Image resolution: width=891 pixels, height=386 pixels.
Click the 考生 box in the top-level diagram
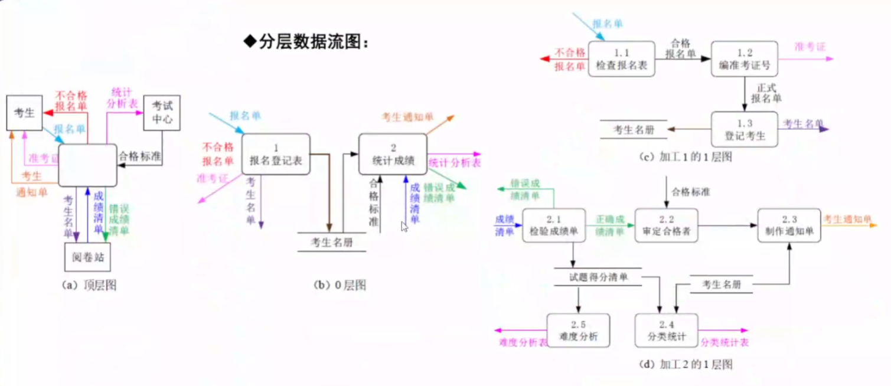point(24,113)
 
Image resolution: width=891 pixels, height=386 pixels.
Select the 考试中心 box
point(162,113)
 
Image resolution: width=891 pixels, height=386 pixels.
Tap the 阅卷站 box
point(87,257)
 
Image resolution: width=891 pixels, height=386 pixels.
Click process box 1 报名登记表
point(276,154)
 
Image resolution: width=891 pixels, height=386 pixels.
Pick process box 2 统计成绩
point(393,154)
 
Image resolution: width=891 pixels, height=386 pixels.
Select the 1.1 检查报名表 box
point(621,59)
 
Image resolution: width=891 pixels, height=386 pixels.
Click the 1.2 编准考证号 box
point(744,59)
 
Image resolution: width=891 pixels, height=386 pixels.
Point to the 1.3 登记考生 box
point(744,129)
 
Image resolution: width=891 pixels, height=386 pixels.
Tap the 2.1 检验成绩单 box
point(554,225)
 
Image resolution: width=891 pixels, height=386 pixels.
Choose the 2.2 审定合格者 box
point(666,225)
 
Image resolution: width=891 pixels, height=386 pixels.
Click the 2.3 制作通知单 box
point(789,225)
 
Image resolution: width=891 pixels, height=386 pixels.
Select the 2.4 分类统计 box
point(666,331)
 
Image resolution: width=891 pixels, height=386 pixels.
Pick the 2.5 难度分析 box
point(578,331)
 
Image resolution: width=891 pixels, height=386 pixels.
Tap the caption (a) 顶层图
point(89,285)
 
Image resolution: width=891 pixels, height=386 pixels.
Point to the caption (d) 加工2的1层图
point(686,364)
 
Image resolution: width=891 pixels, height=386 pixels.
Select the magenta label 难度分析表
point(523,342)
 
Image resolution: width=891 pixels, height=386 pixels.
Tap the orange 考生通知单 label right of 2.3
point(847,220)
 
